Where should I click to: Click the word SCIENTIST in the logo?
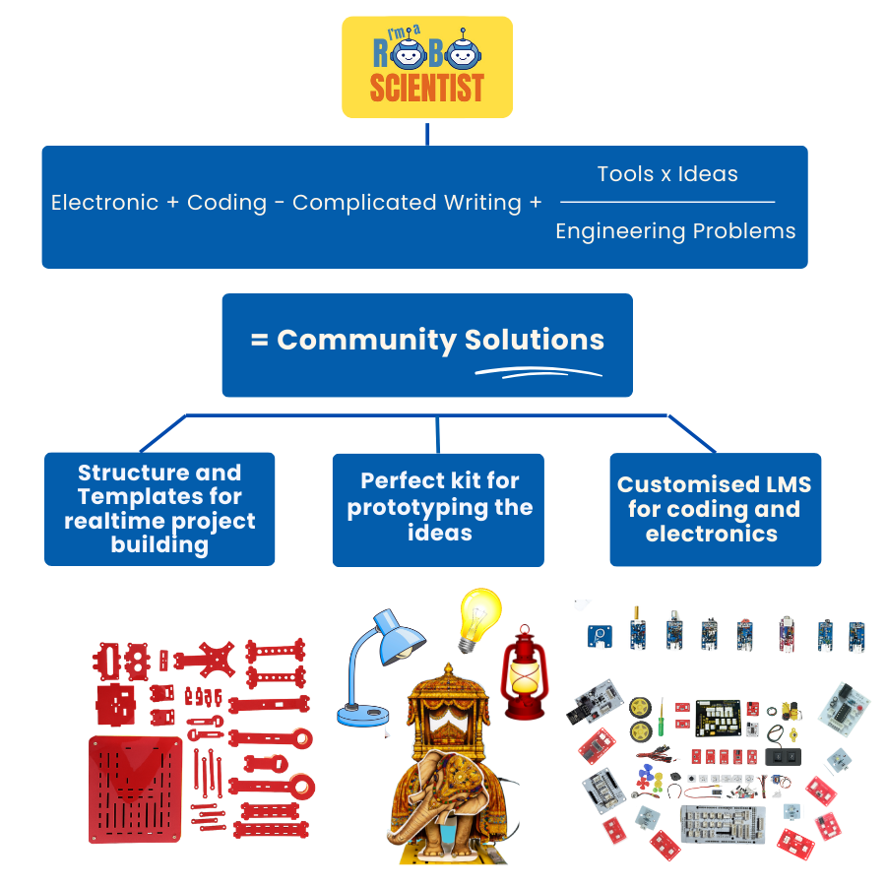pyautogui.click(x=426, y=89)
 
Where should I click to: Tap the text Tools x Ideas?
pyautogui.click(x=666, y=174)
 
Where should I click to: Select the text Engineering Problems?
pyautogui.click(x=675, y=231)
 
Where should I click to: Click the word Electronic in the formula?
pyautogui.click(x=104, y=203)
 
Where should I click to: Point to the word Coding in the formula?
pyautogui.click(x=226, y=203)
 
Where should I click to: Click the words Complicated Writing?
pyautogui.click(x=407, y=203)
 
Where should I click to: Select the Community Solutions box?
pyautogui.click(x=426, y=345)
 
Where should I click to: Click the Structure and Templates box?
pyautogui.click(x=159, y=509)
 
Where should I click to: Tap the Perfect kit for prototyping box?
pyautogui.click(x=438, y=509)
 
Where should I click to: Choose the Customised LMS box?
pyautogui.click(x=715, y=509)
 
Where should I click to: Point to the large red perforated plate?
pyautogui.click(x=137, y=788)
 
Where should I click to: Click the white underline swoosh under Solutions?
pyautogui.click(x=538, y=372)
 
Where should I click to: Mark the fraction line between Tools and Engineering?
pyautogui.click(x=666, y=202)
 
